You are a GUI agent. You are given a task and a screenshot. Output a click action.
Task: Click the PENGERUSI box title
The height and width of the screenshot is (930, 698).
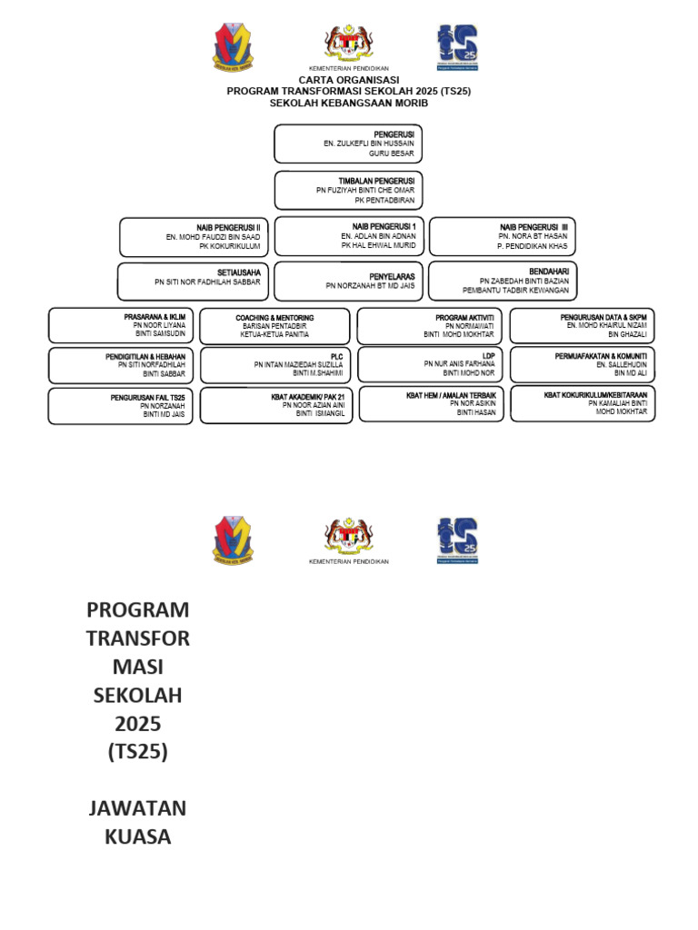[394, 134]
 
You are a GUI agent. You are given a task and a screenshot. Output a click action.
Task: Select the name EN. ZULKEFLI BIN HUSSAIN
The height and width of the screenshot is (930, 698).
[369, 144]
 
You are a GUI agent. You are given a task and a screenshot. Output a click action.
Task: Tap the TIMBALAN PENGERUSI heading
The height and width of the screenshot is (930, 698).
[376, 181]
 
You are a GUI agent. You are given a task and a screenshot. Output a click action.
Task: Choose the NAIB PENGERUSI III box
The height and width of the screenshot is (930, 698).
[502, 236]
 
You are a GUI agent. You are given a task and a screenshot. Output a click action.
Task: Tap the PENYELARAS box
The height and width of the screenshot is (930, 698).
[348, 281]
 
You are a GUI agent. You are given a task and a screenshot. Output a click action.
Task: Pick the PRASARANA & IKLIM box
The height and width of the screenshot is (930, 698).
[121, 325]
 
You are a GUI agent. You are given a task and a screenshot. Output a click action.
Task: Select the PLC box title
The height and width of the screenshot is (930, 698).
[337, 357]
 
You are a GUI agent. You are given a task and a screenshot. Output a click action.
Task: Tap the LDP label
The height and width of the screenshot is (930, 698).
[488, 355]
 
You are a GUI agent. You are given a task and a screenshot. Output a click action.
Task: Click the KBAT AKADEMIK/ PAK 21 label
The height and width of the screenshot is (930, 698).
[308, 397]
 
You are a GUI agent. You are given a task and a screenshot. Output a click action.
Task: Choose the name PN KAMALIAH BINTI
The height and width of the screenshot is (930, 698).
[617, 403]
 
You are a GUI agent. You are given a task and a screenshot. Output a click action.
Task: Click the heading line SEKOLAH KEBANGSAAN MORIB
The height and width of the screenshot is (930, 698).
[349, 103]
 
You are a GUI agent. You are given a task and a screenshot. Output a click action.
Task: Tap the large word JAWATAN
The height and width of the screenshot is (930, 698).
[138, 807]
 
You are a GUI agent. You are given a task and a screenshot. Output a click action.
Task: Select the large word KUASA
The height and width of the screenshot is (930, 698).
[138, 836]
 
